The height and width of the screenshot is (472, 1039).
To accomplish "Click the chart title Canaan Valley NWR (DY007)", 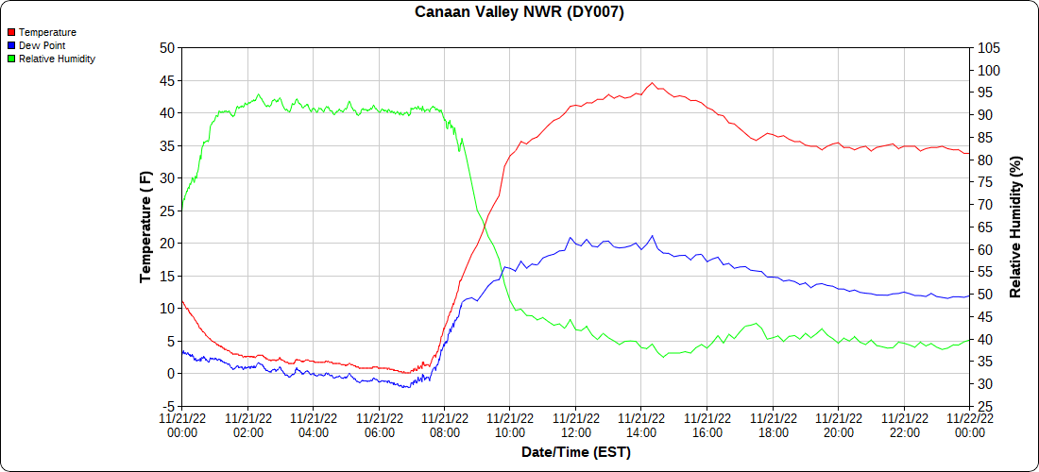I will (x=519, y=12).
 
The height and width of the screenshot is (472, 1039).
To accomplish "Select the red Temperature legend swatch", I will (x=11, y=32).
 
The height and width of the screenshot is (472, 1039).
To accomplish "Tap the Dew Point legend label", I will (x=42, y=45).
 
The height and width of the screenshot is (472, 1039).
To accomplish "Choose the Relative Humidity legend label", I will (x=57, y=59).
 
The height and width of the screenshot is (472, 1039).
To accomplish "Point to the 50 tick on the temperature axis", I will (x=167, y=48).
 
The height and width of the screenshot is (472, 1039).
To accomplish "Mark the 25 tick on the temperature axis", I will (x=167, y=211).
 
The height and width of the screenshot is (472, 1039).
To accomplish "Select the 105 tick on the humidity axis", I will (x=989, y=48).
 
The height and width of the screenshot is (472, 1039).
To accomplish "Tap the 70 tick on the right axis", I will (x=985, y=205).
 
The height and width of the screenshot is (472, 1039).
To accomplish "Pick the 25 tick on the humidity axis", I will (x=985, y=406).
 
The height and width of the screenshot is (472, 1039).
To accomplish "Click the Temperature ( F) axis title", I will (x=145, y=227).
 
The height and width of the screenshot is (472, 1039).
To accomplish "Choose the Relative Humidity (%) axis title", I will (x=1015, y=227).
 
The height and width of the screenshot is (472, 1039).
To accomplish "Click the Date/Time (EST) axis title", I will (x=575, y=452).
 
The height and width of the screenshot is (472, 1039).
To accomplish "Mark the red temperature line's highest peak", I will (x=652, y=83).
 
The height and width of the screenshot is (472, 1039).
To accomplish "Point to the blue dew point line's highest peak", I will (x=652, y=236).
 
